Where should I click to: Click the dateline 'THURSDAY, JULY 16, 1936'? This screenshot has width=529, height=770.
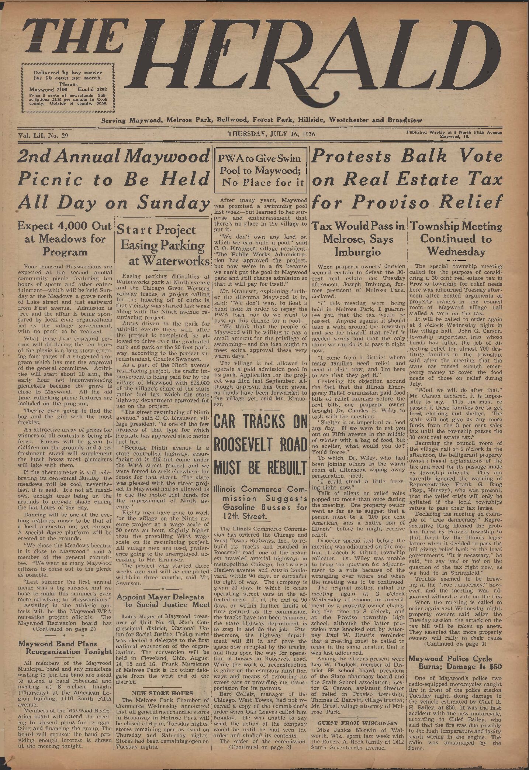pyautogui.click(x=271, y=134)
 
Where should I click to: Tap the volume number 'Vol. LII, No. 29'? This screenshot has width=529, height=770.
pyautogui.click(x=43, y=135)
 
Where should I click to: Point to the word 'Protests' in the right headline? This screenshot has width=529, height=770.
pyautogui.click(x=351, y=156)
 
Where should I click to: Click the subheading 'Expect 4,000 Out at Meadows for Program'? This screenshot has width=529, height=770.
pyautogui.click(x=65, y=239)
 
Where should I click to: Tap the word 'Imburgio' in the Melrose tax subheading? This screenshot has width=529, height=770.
pyautogui.click(x=357, y=252)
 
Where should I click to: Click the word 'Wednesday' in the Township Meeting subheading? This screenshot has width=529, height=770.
pyautogui.click(x=456, y=252)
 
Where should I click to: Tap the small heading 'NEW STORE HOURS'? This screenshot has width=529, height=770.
pyautogui.click(x=162, y=693)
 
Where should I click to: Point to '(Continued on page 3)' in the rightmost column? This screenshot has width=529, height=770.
pyautogui.click(x=455, y=644)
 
